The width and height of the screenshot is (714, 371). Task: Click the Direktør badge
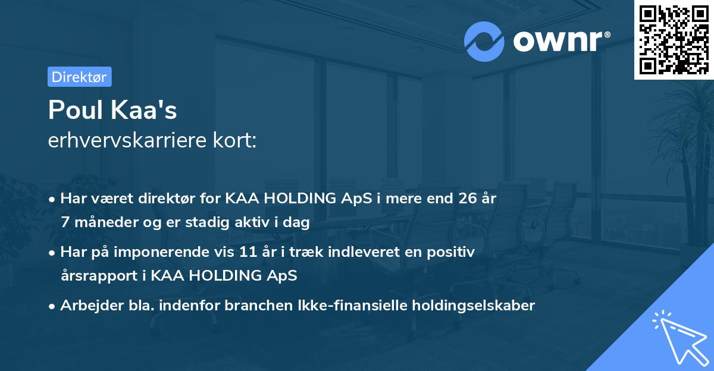click(79, 77)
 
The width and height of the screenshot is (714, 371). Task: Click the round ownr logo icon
click(484, 42)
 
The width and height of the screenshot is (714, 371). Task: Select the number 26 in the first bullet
click(461, 199)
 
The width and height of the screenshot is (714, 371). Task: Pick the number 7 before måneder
click(64, 222)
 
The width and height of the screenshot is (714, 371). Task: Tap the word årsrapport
click(95, 276)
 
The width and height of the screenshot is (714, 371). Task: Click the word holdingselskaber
click(469, 306)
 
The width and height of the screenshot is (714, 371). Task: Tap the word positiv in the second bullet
click(455, 252)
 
